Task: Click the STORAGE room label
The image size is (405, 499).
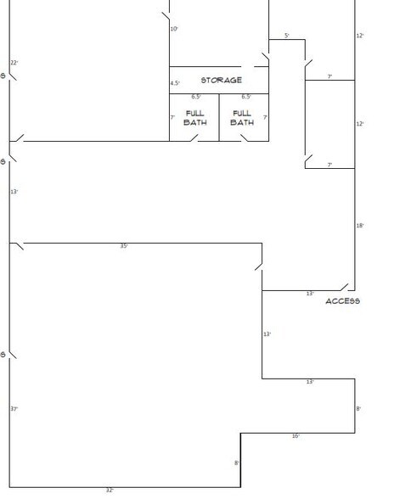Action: pos(221,81)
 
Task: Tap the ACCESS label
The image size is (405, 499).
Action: pos(343,301)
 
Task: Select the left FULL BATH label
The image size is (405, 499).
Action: pos(194,118)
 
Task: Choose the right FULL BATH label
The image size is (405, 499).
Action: pos(242,118)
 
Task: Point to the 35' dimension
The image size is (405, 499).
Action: pos(124,246)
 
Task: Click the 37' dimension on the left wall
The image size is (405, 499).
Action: pos(14,409)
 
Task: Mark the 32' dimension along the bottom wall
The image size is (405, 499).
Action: pos(110,491)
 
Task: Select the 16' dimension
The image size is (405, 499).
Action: pos(295,436)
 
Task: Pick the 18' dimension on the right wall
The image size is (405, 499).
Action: pos(360,226)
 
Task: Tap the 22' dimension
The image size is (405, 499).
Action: pos(14,63)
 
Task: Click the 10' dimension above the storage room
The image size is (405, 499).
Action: pos(174,29)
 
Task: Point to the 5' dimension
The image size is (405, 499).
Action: pos(287,36)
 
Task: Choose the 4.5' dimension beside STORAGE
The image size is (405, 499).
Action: pos(175,83)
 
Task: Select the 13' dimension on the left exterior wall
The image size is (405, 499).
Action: pos(14,192)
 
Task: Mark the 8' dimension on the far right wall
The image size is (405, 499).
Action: pos(359,409)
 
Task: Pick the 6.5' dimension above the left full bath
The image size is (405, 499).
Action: pos(196,97)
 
